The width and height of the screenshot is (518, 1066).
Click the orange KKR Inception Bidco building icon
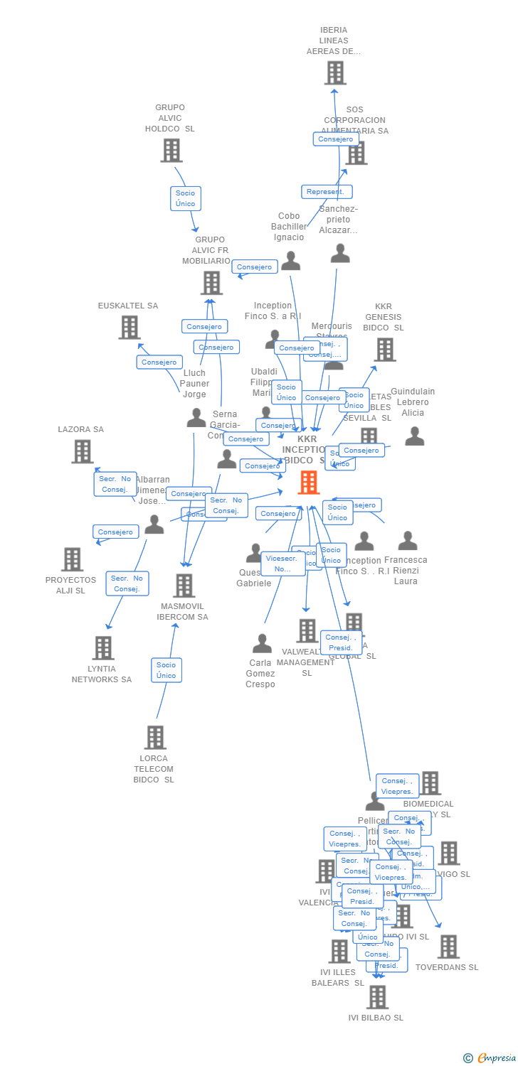tap(308, 483)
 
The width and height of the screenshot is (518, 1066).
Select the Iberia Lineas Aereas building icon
tap(335, 73)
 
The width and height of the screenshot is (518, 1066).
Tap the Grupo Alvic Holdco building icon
tap(171, 151)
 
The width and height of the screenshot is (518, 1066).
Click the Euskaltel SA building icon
tap(129, 328)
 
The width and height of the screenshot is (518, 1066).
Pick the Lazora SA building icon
tap(83, 451)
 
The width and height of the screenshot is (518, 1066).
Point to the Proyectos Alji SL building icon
tap(72, 560)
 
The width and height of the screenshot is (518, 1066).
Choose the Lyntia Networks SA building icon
tap(103, 648)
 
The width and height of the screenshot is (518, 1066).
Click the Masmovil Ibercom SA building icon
tap(184, 586)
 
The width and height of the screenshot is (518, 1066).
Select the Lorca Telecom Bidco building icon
tap(155, 738)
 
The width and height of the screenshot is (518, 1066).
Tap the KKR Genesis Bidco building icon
tap(385, 350)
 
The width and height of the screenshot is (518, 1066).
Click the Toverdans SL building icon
tap(448, 947)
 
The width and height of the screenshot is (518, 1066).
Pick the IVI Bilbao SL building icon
tap(377, 997)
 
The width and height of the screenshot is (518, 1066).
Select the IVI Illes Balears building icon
tap(339, 952)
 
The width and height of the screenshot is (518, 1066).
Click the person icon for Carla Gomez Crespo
tap(262, 644)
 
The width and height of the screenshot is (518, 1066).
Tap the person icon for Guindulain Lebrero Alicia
tap(414, 436)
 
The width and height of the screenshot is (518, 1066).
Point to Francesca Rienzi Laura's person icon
tap(408, 541)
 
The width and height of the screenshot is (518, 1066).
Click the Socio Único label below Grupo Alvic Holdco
tap(185, 198)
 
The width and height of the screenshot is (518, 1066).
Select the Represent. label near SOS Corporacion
tap(326, 192)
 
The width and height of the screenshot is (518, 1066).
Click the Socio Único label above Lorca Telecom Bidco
tap(166, 670)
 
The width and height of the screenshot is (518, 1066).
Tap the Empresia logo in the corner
tap(491, 1058)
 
